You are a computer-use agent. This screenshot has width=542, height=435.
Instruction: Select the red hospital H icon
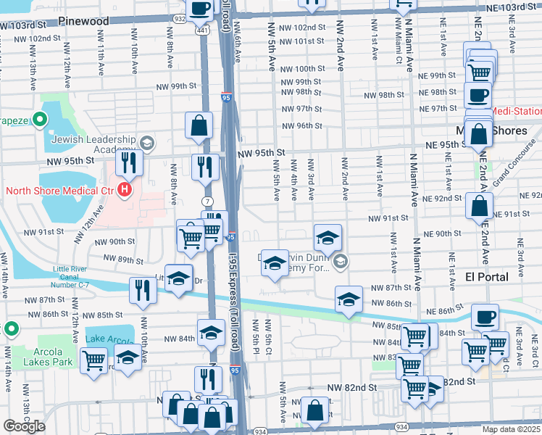[125, 191]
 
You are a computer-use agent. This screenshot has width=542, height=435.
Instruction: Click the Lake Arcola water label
[106, 339]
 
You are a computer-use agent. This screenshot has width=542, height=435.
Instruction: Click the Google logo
[25, 426]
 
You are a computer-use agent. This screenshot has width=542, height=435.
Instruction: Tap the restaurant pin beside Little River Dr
[143, 291]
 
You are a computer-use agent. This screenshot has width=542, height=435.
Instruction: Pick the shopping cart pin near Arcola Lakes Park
[93, 360]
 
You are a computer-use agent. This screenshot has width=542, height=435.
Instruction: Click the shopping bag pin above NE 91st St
[479, 206]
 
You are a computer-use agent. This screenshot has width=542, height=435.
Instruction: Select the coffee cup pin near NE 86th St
[485, 317]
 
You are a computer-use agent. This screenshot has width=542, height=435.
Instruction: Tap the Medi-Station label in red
[517, 112]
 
